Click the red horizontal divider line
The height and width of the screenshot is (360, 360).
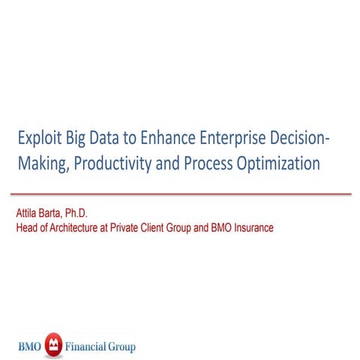[x=180, y=193]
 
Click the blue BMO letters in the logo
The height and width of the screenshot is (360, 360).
[x=31, y=347]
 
